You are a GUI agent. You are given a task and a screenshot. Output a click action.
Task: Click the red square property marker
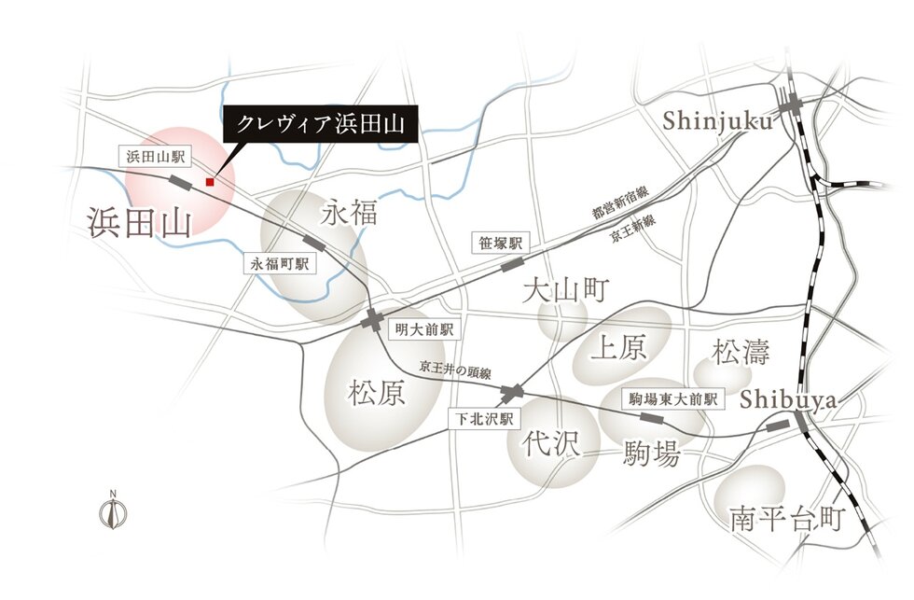coord(211,182)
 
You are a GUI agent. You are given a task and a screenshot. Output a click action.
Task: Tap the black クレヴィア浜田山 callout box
coord(321,124)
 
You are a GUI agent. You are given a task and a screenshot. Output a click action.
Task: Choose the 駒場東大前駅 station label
coord(674,398)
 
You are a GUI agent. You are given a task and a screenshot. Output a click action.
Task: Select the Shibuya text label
coord(789,398)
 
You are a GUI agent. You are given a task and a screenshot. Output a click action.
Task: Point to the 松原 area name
coord(377,393)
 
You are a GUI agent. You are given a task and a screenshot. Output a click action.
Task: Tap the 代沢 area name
coord(551,442)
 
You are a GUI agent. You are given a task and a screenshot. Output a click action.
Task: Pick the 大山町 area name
coord(565,291)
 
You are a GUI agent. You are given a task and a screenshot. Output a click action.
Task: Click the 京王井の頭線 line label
coord(453,367)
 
